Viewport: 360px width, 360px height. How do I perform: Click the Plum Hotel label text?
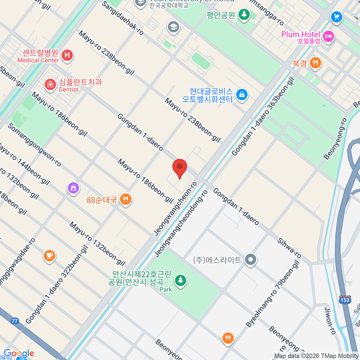301,34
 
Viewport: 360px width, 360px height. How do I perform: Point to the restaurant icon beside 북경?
315,63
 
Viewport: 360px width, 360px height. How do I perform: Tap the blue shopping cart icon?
336,16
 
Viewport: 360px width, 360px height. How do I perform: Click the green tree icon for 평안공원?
244,14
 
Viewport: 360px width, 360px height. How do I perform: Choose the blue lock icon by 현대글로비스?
241,95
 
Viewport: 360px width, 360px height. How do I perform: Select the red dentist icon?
50,85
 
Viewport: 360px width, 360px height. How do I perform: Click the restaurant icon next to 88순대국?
125,199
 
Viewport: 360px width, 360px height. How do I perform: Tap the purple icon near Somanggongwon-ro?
73,188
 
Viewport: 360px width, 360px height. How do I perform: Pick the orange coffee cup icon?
49,256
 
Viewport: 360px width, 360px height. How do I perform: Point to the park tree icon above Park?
180,280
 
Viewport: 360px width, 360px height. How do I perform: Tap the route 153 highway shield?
345,300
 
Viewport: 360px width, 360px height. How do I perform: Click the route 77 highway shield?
14,321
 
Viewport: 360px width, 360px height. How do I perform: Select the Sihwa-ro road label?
289,248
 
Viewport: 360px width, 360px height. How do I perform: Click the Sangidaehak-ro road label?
123,18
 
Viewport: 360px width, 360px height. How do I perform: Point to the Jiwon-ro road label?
330,321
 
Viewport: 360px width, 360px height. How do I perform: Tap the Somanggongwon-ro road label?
34,145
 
